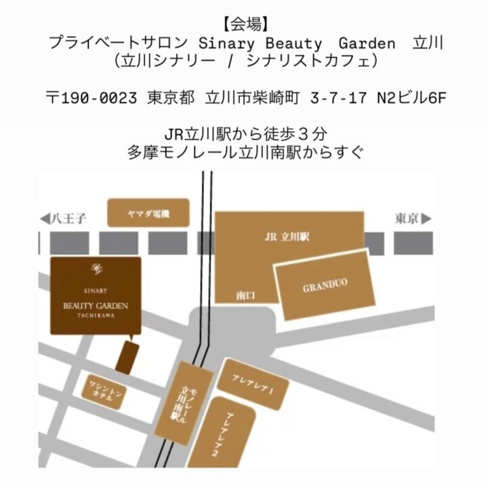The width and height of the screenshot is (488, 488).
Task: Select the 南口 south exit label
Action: [245, 296]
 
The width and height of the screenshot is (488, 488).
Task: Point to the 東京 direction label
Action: [405, 219]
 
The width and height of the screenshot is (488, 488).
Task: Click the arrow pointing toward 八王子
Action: [45, 219]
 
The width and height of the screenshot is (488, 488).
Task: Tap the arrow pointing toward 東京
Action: [426, 219]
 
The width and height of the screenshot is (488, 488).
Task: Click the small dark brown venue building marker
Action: [127, 357]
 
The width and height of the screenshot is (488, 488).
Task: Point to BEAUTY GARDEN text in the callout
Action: [96, 306]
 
